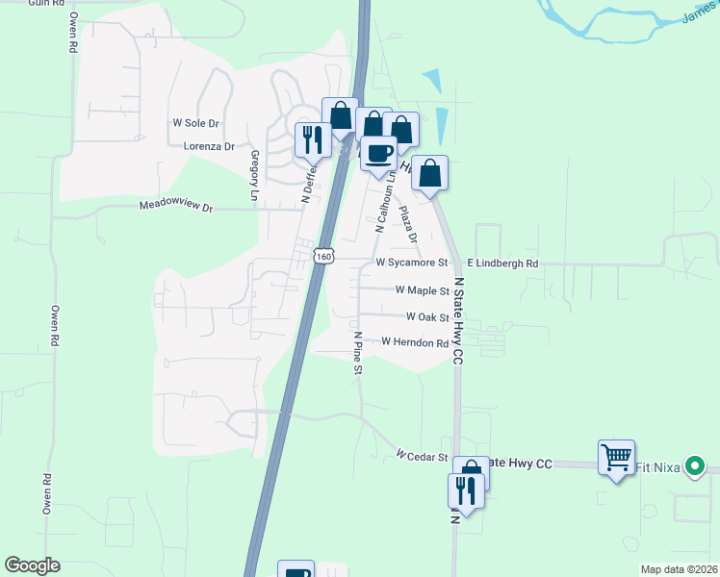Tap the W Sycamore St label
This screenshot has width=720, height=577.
412,262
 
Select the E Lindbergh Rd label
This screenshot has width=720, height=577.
502,263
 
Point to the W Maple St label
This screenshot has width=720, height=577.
423,289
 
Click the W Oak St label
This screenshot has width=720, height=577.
427,316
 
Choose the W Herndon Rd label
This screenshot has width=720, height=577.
415,341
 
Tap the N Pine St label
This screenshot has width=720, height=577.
357,353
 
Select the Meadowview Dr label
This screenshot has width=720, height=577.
174,206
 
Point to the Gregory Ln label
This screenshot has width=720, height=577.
255,176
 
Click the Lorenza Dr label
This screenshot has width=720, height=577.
209,146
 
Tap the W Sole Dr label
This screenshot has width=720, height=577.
196,123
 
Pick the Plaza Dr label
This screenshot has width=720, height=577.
408,224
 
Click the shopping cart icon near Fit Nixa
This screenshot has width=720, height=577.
616,457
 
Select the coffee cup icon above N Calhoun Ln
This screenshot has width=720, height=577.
379,152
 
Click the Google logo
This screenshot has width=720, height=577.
32,565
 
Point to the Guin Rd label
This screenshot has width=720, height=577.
39,4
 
